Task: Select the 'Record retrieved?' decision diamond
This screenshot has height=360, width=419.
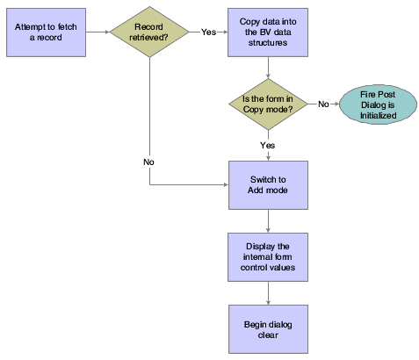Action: point(151,33)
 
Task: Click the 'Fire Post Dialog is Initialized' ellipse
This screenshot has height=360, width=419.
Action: point(374,104)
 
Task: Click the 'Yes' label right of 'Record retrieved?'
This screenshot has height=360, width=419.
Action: point(208,32)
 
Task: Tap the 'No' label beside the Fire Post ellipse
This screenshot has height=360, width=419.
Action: point(323,104)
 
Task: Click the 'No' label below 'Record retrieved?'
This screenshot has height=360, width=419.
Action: point(150,162)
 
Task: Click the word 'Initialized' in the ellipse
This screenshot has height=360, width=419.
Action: point(374,115)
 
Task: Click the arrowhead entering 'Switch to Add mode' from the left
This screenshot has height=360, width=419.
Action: point(224,185)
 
